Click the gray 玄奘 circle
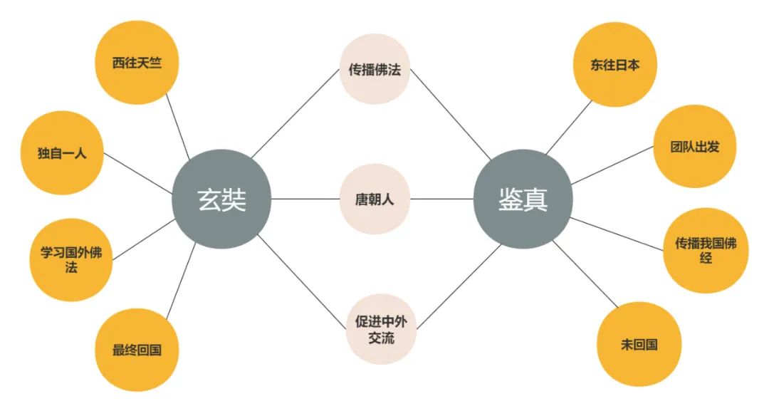pos(221,199)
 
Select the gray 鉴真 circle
pos(523,199)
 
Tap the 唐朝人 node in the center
pos(374,199)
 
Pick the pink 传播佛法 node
pos(374,69)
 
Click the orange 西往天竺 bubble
pos(137,63)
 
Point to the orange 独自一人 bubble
pos(63,152)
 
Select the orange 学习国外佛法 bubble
pos(70,259)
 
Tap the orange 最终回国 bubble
pos(137,350)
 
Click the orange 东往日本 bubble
pos(614,65)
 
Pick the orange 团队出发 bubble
pos(695,146)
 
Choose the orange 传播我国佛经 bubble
pos(705,250)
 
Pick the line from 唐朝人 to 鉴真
pos(441,199)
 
